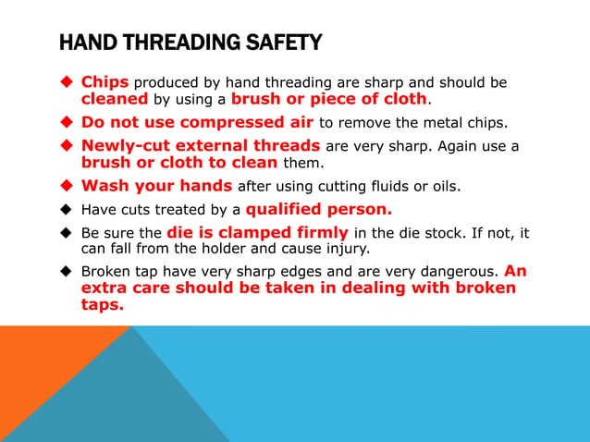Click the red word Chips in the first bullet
coord(104,83)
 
